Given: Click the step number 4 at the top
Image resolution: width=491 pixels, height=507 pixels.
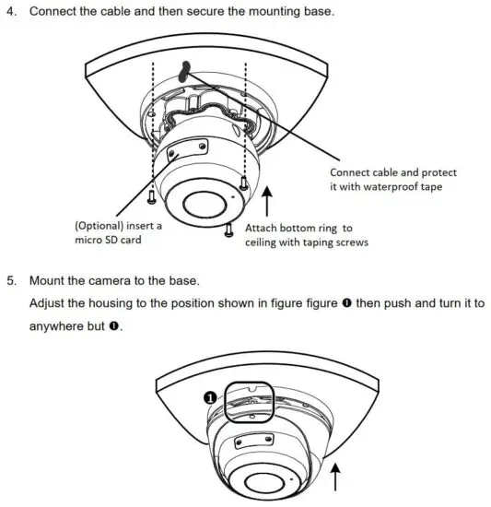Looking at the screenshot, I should pos(12,14).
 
